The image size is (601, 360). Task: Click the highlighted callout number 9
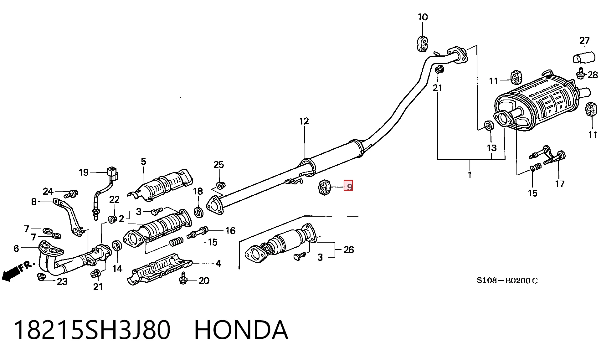pos(348,187)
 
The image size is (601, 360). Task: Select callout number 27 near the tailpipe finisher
pos(584,41)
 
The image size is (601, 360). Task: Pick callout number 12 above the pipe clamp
pos(304,121)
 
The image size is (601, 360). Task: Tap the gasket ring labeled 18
pos(198,212)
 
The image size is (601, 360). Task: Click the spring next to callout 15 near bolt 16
pos(177,242)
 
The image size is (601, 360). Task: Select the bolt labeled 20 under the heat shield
pos(183,278)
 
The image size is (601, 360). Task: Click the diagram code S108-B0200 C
pos(507,280)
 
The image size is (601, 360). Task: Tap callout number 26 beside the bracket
pos(348,250)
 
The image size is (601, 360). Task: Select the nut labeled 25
pos(220,185)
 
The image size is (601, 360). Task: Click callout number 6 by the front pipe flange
pos(16,249)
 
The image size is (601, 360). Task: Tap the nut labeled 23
pos(41,277)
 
